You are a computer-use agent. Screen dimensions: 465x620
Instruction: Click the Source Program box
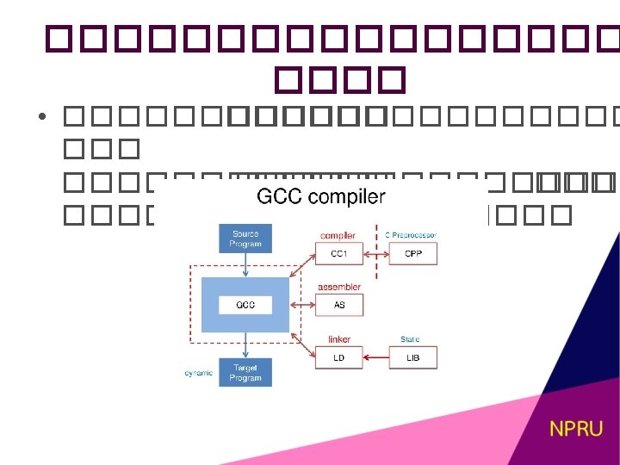coord(245,239)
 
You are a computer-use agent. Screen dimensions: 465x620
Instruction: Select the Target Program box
coord(245,372)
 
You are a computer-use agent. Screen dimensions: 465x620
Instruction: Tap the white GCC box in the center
coord(245,305)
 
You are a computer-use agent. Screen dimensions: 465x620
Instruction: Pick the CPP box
coord(412,253)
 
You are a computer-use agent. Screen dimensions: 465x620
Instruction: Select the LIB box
coord(412,357)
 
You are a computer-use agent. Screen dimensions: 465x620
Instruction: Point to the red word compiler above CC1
coord(338,235)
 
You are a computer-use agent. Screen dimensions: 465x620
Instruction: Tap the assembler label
coord(339,287)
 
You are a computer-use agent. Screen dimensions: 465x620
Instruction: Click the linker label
coord(338,339)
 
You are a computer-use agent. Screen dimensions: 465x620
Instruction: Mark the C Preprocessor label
coord(411,235)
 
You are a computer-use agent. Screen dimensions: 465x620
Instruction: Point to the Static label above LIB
coord(410,339)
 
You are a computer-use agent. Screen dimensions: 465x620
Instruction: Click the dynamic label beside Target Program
coord(199,373)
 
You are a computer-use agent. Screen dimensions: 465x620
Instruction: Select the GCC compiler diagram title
coord(321,197)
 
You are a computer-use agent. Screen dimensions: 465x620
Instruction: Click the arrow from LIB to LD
coord(376,357)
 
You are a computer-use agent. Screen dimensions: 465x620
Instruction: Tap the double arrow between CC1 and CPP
coord(376,253)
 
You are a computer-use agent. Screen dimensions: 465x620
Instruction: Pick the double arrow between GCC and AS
coord(304,305)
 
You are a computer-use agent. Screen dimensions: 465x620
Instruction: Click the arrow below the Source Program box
coord(245,265)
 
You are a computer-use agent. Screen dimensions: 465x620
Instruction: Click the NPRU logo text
coord(577,428)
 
